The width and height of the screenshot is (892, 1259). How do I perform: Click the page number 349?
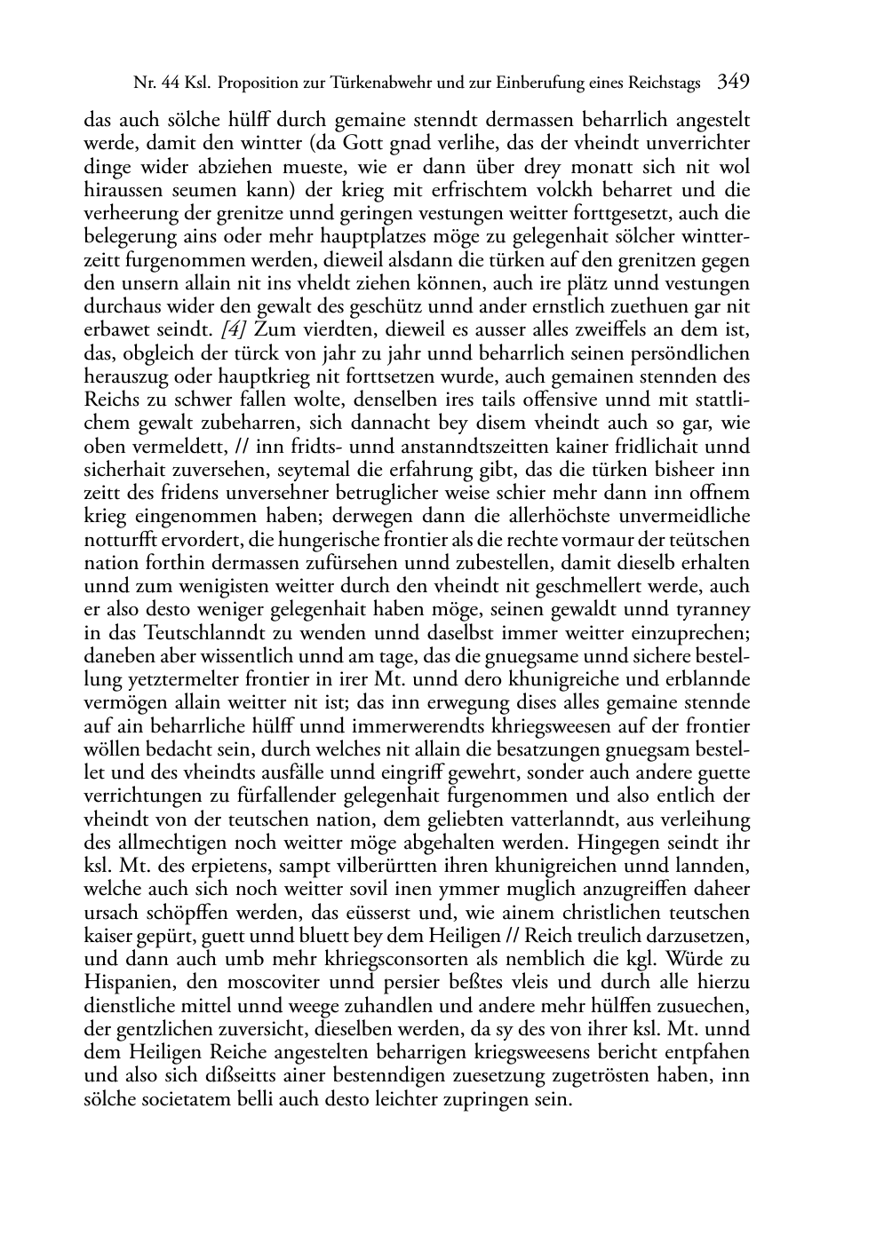733,83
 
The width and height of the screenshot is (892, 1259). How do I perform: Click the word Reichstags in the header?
665,84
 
